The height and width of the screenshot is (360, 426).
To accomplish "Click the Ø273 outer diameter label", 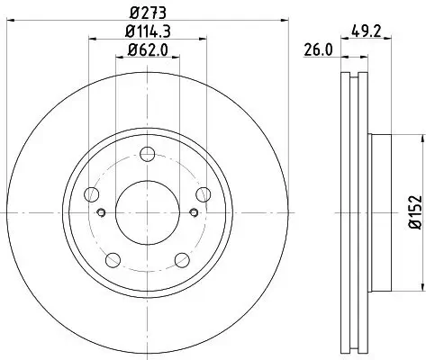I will (x=149, y=13).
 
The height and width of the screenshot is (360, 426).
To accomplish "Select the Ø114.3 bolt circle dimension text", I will (x=149, y=33).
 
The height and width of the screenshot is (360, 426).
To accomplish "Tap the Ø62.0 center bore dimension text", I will (x=149, y=53).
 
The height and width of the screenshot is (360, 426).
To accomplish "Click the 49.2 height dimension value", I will (x=365, y=32).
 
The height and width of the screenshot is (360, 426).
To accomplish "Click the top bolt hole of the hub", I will (x=149, y=153).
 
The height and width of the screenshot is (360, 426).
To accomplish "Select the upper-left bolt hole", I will (x=91, y=193).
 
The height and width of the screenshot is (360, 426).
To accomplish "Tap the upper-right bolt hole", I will (x=205, y=193).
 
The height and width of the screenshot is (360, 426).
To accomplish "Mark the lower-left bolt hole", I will (x=113, y=261).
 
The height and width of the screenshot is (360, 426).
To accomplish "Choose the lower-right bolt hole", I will (x=184, y=261).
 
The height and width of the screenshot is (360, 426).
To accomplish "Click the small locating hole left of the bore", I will (x=102, y=212).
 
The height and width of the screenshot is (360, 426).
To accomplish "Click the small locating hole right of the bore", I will (x=195, y=212).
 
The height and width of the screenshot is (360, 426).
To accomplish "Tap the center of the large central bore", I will (x=149, y=212).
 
